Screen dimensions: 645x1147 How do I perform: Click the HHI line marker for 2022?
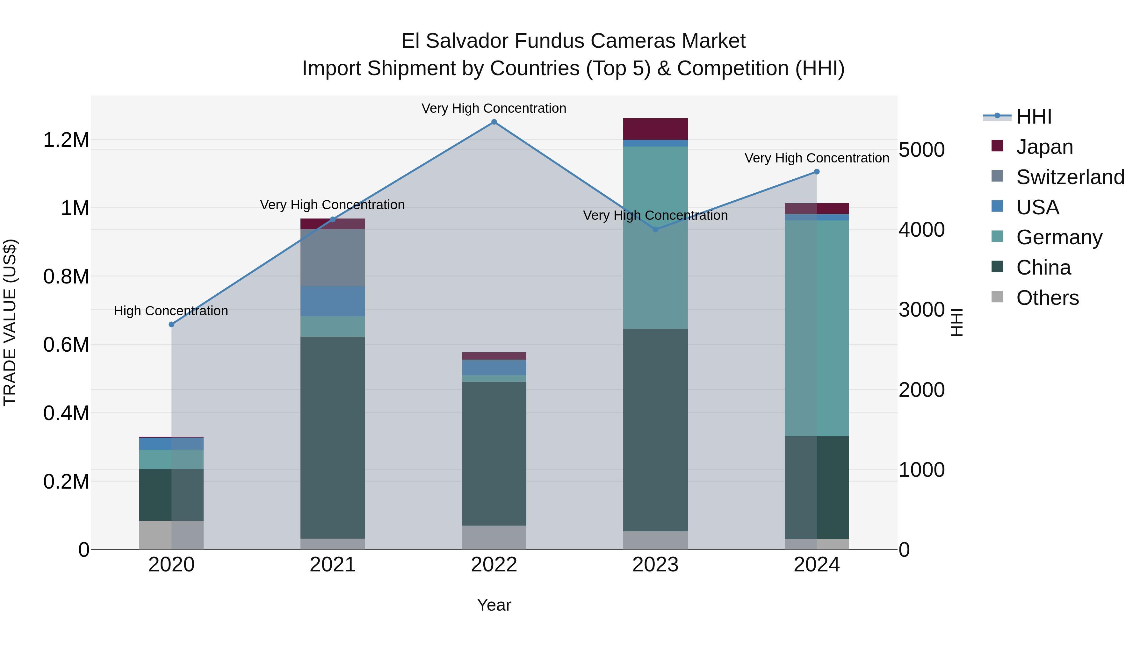click(x=494, y=122)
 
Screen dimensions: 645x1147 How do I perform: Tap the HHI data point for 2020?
click(x=171, y=325)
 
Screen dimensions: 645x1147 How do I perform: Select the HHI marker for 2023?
click(x=655, y=230)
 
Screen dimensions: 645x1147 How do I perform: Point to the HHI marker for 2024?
click(x=817, y=172)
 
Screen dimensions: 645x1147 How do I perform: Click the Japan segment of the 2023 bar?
click(x=655, y=129)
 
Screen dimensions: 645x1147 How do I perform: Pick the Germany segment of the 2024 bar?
click(x=817, y=328)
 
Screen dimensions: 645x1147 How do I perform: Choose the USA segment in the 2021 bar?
click(x=333, y=301)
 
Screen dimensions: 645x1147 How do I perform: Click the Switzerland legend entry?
click(x=1070, y=177)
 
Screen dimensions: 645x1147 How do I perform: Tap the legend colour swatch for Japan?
click(x=997, y=146)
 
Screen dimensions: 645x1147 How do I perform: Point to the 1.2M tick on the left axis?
click(x=66, y=140)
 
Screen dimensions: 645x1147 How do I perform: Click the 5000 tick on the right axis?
click(x=921, y=150)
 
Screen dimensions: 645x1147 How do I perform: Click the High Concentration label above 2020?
click(x=171, y=311)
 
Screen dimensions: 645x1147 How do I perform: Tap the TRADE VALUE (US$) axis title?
click(x=10, y=322)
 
